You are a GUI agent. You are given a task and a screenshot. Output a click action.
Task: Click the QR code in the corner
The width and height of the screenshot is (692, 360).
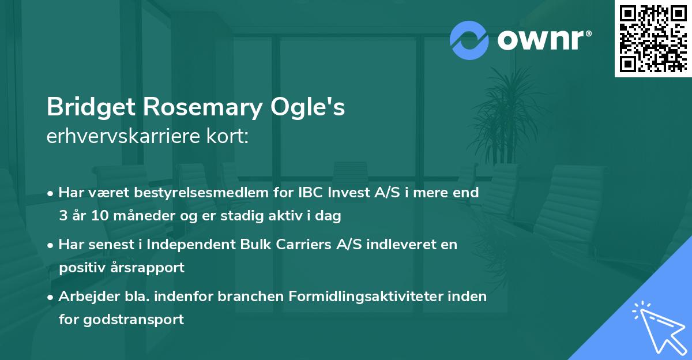tap(653, 38)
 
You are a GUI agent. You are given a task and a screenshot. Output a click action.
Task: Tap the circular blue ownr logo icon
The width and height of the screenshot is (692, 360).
tap(469, 40)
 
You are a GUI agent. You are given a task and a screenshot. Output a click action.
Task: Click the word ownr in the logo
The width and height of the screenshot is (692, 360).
tap(543, 40)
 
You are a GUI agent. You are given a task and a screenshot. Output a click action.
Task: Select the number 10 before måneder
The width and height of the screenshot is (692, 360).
tap(96, 216)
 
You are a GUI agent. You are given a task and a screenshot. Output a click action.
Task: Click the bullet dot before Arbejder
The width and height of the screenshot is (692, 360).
tap(51, 297)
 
